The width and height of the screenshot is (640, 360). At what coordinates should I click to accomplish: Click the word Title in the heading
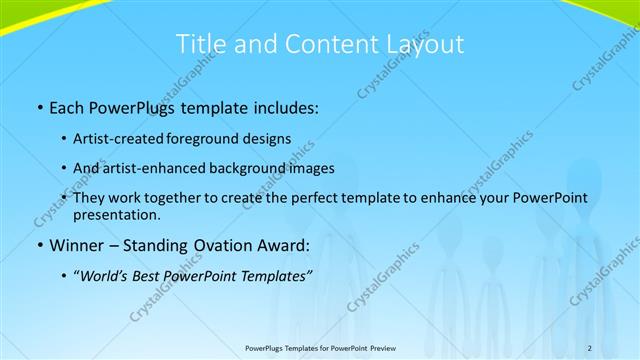click(x=201, y=44)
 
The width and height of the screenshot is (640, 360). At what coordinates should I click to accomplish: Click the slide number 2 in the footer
click(x=590, y=347)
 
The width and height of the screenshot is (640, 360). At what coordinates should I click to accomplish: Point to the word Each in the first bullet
click(x=68, y=105)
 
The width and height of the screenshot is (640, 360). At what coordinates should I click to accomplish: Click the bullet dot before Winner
click(x=39, y=245)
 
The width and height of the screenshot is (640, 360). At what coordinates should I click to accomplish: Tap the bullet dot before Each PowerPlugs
click(x=39, y=105)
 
